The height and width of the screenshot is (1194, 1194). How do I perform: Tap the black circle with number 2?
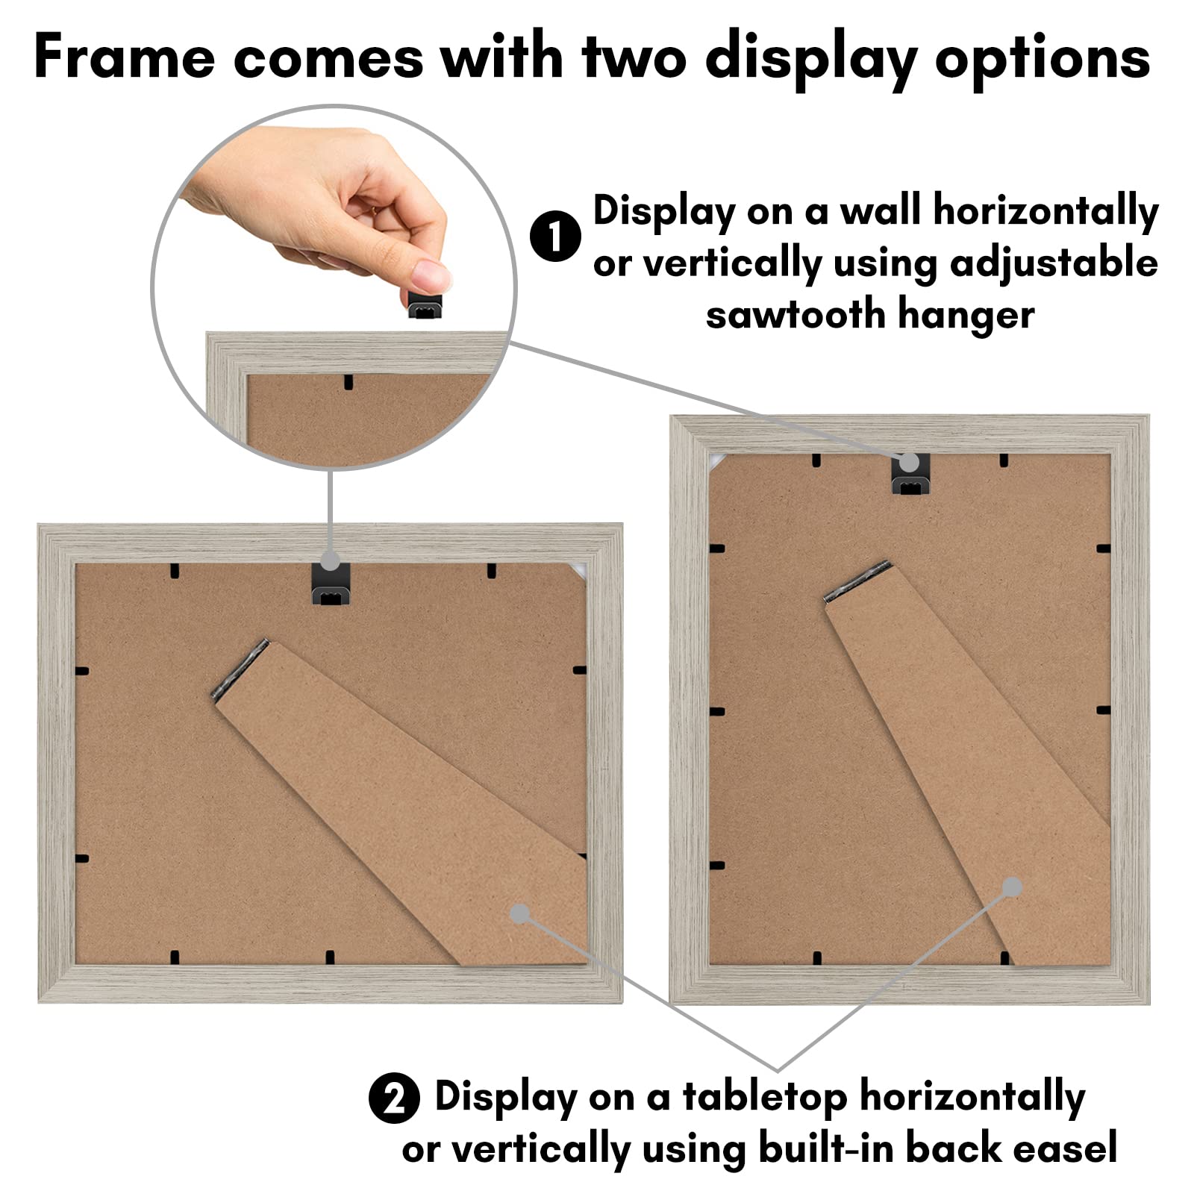pos(394,1098)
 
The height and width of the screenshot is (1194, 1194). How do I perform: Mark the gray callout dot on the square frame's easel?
pos(520,913)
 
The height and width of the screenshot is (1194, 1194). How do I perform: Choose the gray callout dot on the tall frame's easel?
pos(1012,887)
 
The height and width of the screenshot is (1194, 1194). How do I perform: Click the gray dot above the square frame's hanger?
pos(330,560)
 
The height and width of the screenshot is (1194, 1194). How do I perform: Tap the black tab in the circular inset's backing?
pos(348,382)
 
